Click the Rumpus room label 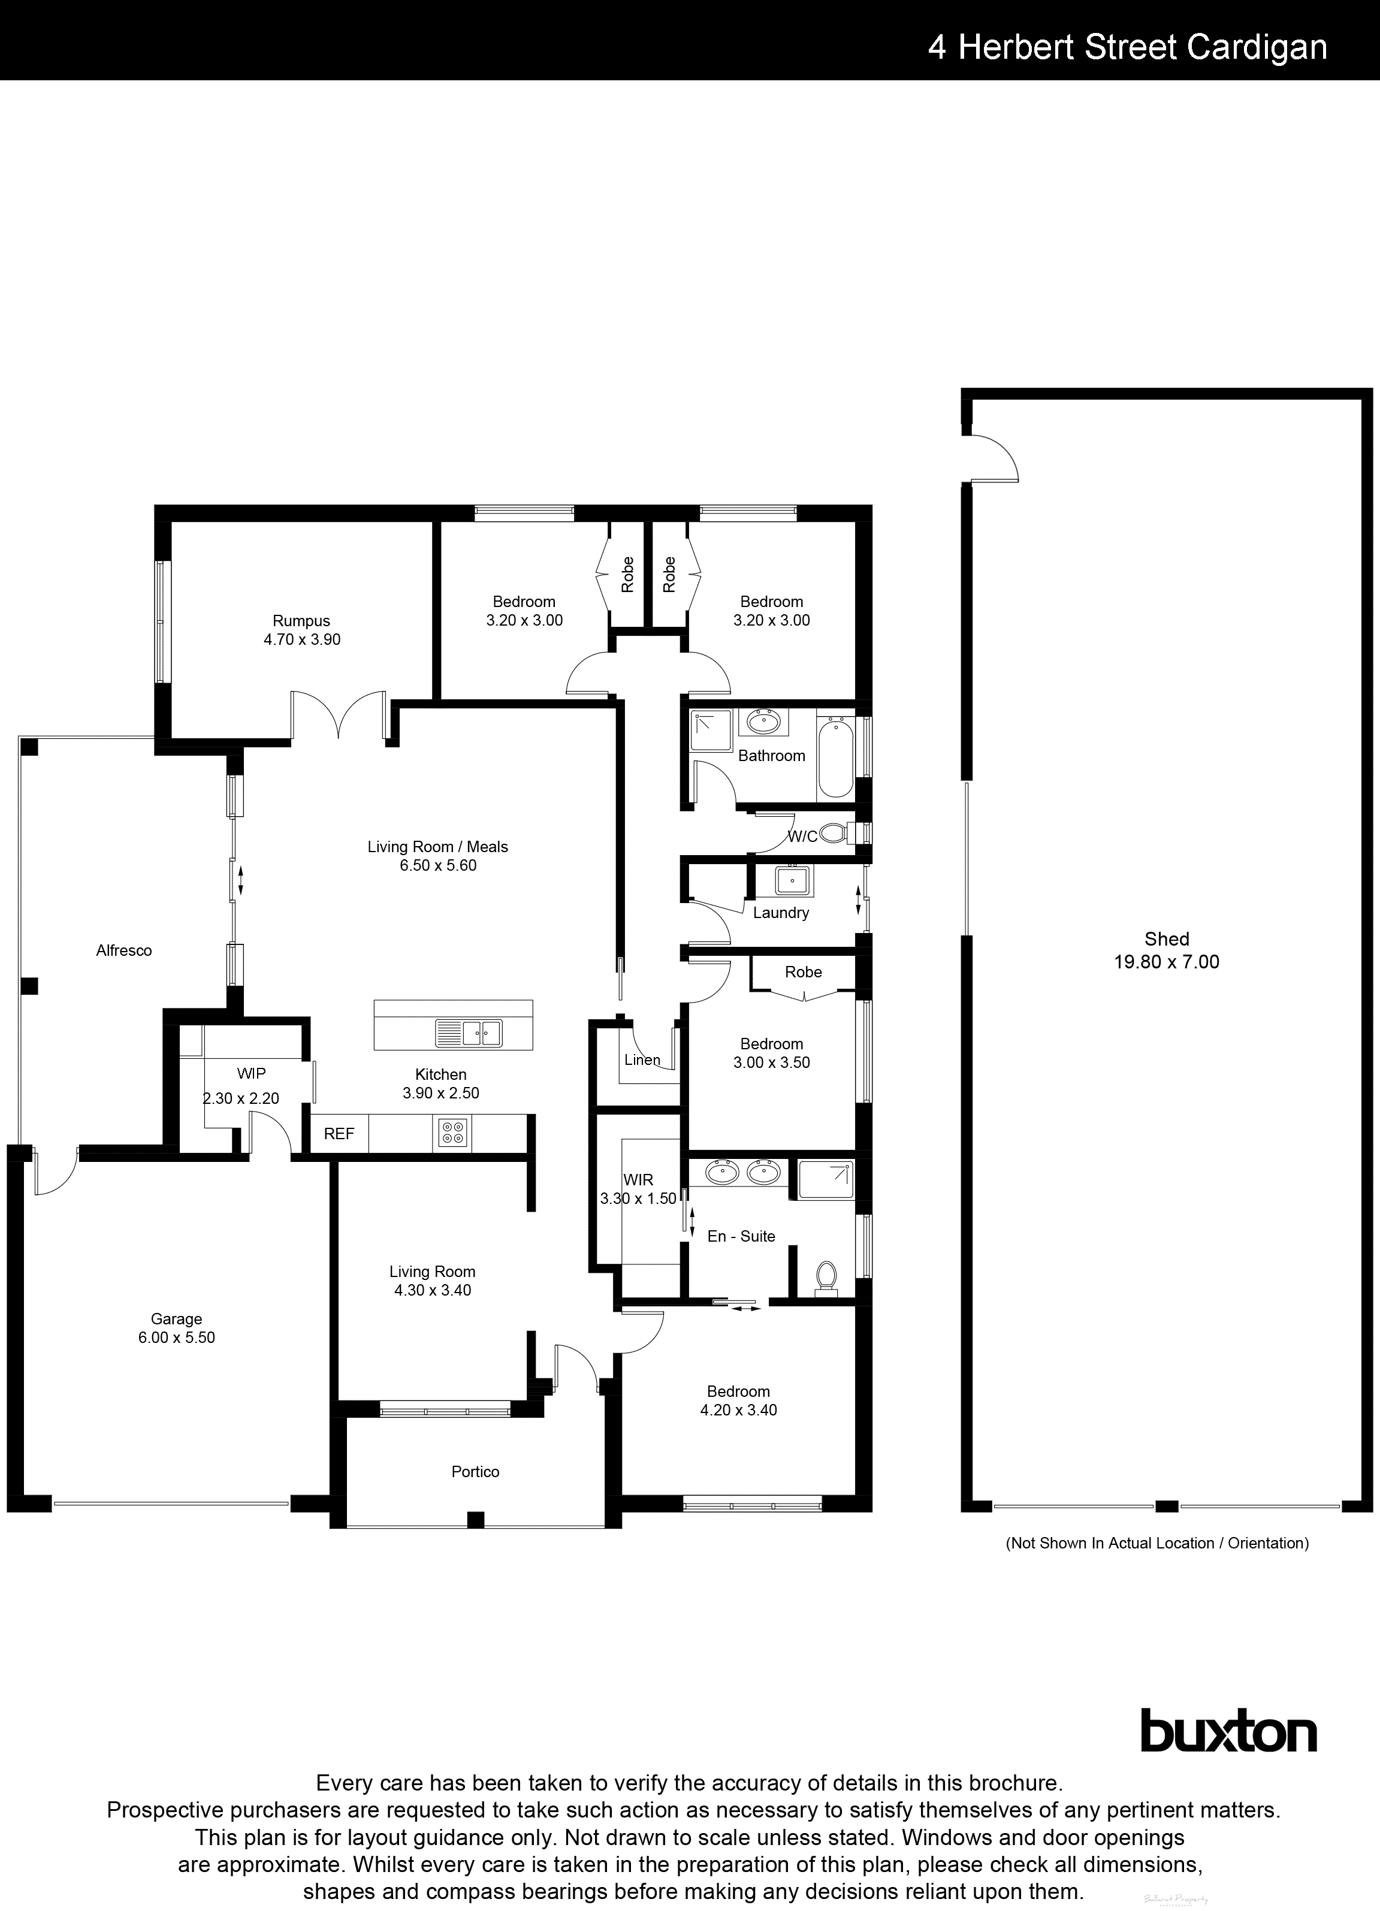tap(301, 621)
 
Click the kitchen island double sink tap(469, 1033)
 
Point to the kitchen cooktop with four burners tap(453, 1133)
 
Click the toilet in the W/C tap(835, 834)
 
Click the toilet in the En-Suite tap(826, 1278)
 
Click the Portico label tap(475, 1472)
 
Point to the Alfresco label tap(124, 950)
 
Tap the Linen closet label tap(642, 1060)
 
